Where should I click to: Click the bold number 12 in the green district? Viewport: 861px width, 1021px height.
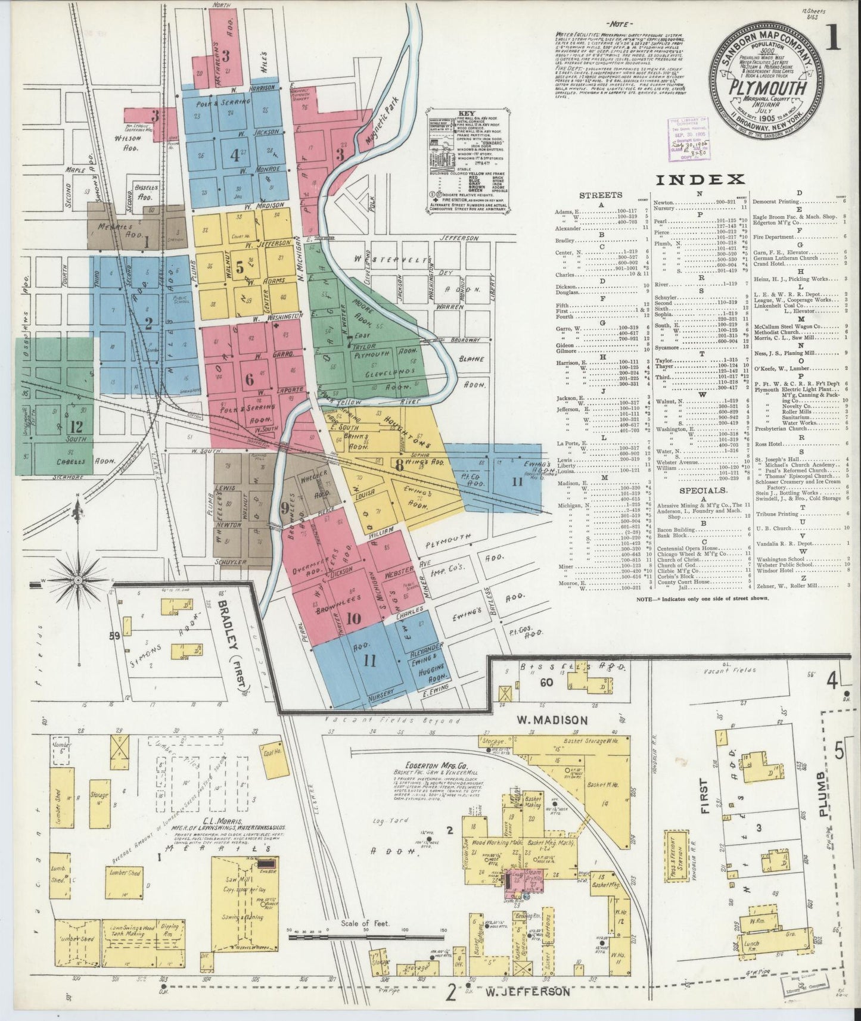76,427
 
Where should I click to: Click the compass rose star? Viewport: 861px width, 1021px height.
77,580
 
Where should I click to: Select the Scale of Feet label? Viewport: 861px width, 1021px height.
365,940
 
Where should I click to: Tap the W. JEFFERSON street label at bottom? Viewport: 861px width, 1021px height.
523,992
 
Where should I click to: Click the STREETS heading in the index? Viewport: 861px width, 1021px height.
601,195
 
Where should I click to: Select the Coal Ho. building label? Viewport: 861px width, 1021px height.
271,752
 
